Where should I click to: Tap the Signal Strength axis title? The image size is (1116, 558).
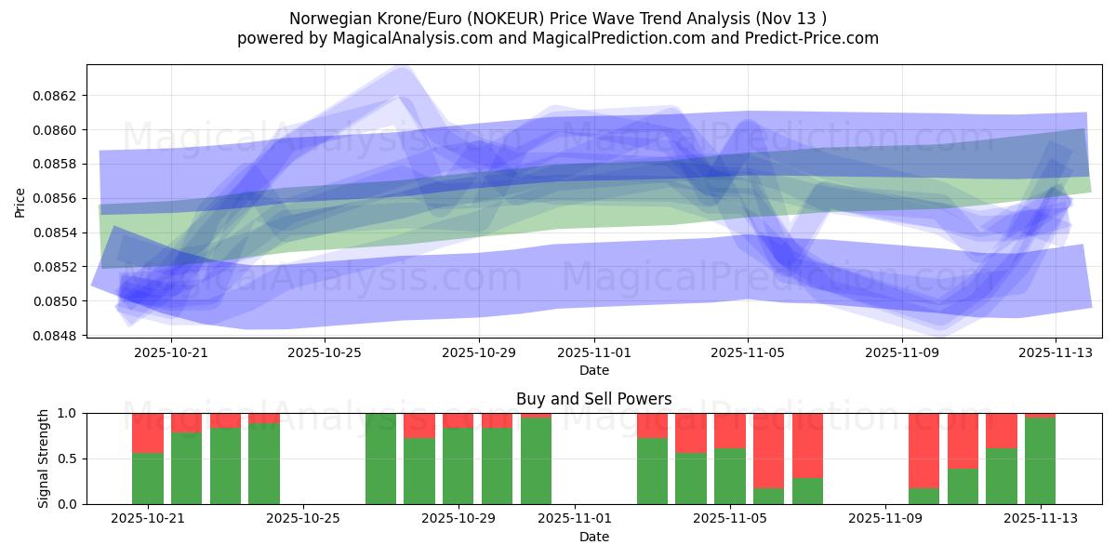[43, 458]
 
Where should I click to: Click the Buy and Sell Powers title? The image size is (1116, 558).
[594, 399]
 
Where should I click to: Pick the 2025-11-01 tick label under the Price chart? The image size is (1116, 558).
[595, 352]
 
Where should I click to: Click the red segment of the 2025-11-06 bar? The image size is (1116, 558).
[768, 450]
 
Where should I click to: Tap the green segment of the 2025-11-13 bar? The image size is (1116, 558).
[1040, 461]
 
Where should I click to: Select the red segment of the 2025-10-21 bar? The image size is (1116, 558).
[148, 432]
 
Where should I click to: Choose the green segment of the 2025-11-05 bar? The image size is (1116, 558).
[730, 476]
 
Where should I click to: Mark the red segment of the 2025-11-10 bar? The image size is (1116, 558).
[923, 450]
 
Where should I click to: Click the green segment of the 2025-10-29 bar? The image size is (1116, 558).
[458, 466]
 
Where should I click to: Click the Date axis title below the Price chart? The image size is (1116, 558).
[594, 370]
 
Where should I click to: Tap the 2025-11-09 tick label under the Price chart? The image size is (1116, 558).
[902, 352]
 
